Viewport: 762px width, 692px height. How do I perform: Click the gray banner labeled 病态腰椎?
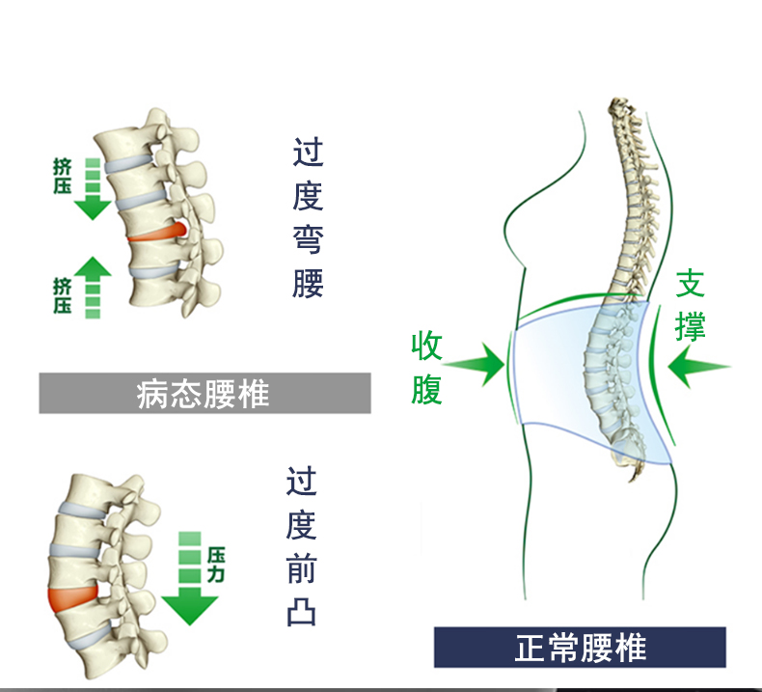204,394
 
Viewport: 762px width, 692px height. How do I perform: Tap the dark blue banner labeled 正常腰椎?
579,647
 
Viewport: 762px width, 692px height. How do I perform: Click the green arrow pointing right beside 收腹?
476,364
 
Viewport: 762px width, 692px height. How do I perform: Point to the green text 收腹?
427,368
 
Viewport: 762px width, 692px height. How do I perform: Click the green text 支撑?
691,304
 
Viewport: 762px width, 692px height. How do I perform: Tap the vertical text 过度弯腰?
308,218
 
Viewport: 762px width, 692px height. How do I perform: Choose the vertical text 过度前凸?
301,546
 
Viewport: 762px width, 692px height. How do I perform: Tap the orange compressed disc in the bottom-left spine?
71,597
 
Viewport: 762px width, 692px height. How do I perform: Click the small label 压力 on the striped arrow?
216,564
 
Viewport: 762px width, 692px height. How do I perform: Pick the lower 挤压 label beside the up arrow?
63,295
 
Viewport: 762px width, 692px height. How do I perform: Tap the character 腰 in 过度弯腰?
308,282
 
